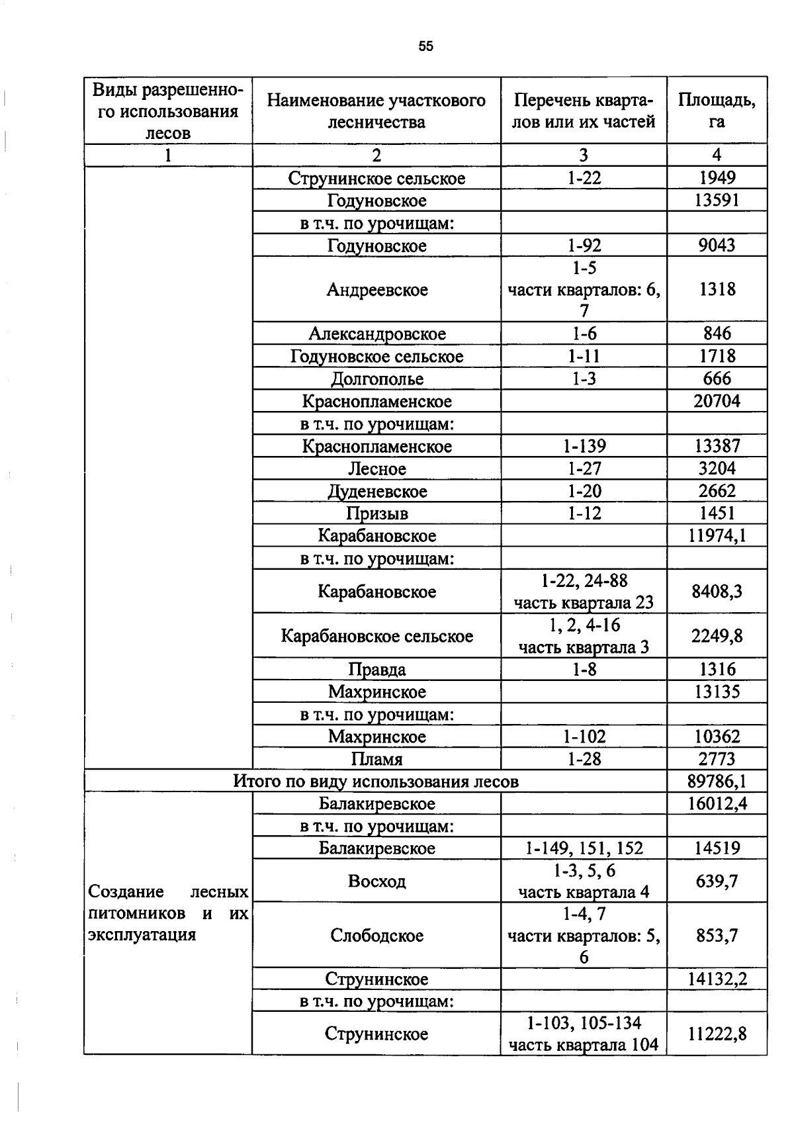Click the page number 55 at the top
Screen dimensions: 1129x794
pyautogui.click(x=425, y=46)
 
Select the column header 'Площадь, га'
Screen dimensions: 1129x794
pyautogui.click(x=717, y=111)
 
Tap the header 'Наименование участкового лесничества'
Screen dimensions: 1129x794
pyautogui.click(x=376, y=111)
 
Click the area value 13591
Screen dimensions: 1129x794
pyautogui.click(x=717, y=201)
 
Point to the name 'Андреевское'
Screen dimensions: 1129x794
pyautogui.click(x=376, y=290)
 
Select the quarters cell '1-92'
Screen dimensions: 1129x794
pyautogui.click(x=584, y=246)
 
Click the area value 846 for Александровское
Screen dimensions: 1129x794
pyautogui.click(x=717, y=334)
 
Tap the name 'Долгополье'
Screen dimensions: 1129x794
pyautogui.click(x=376, y=379)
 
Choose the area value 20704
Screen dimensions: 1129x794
pyautogui.click(x=717, y=401)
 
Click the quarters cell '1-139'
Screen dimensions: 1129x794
pyautogui.click(x=584, y=446)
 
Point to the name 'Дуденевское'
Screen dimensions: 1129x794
pyautogui.click(x=376, y=491)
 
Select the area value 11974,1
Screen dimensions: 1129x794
pyautogui.click(x=717, y=535)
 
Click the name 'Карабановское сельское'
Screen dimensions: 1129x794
pyautogui.click(x=376, y=636)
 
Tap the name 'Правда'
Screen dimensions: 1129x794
pyautogui.click(x=376, y=670)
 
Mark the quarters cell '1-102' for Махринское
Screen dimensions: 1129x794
pyautogui.click(x=584, y=737)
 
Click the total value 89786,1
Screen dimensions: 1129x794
pyautogui.click(x=717, y=782)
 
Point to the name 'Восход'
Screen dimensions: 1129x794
pyautogui.click(x=376, y=881)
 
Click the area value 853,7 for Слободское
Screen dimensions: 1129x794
pyautogui.click(x=717, y=935)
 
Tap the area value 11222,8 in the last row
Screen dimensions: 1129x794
pyautogui.click(x=717, y=1034)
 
